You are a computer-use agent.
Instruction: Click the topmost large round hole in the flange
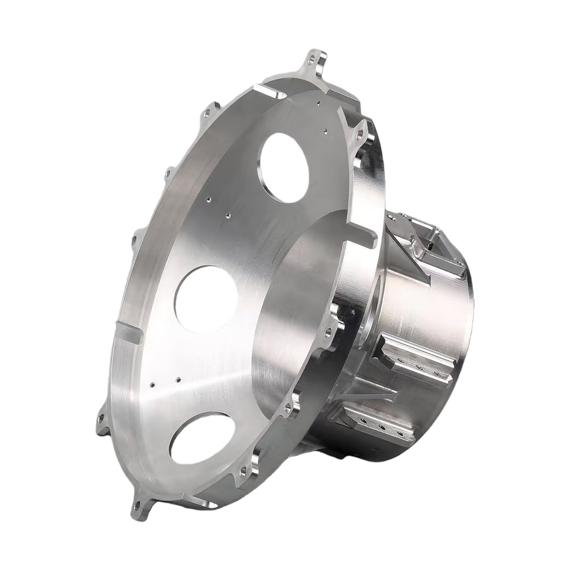284,167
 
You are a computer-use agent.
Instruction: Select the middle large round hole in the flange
206,299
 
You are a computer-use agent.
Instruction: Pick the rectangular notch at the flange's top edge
269,92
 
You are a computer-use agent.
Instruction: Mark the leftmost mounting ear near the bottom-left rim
102,422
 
